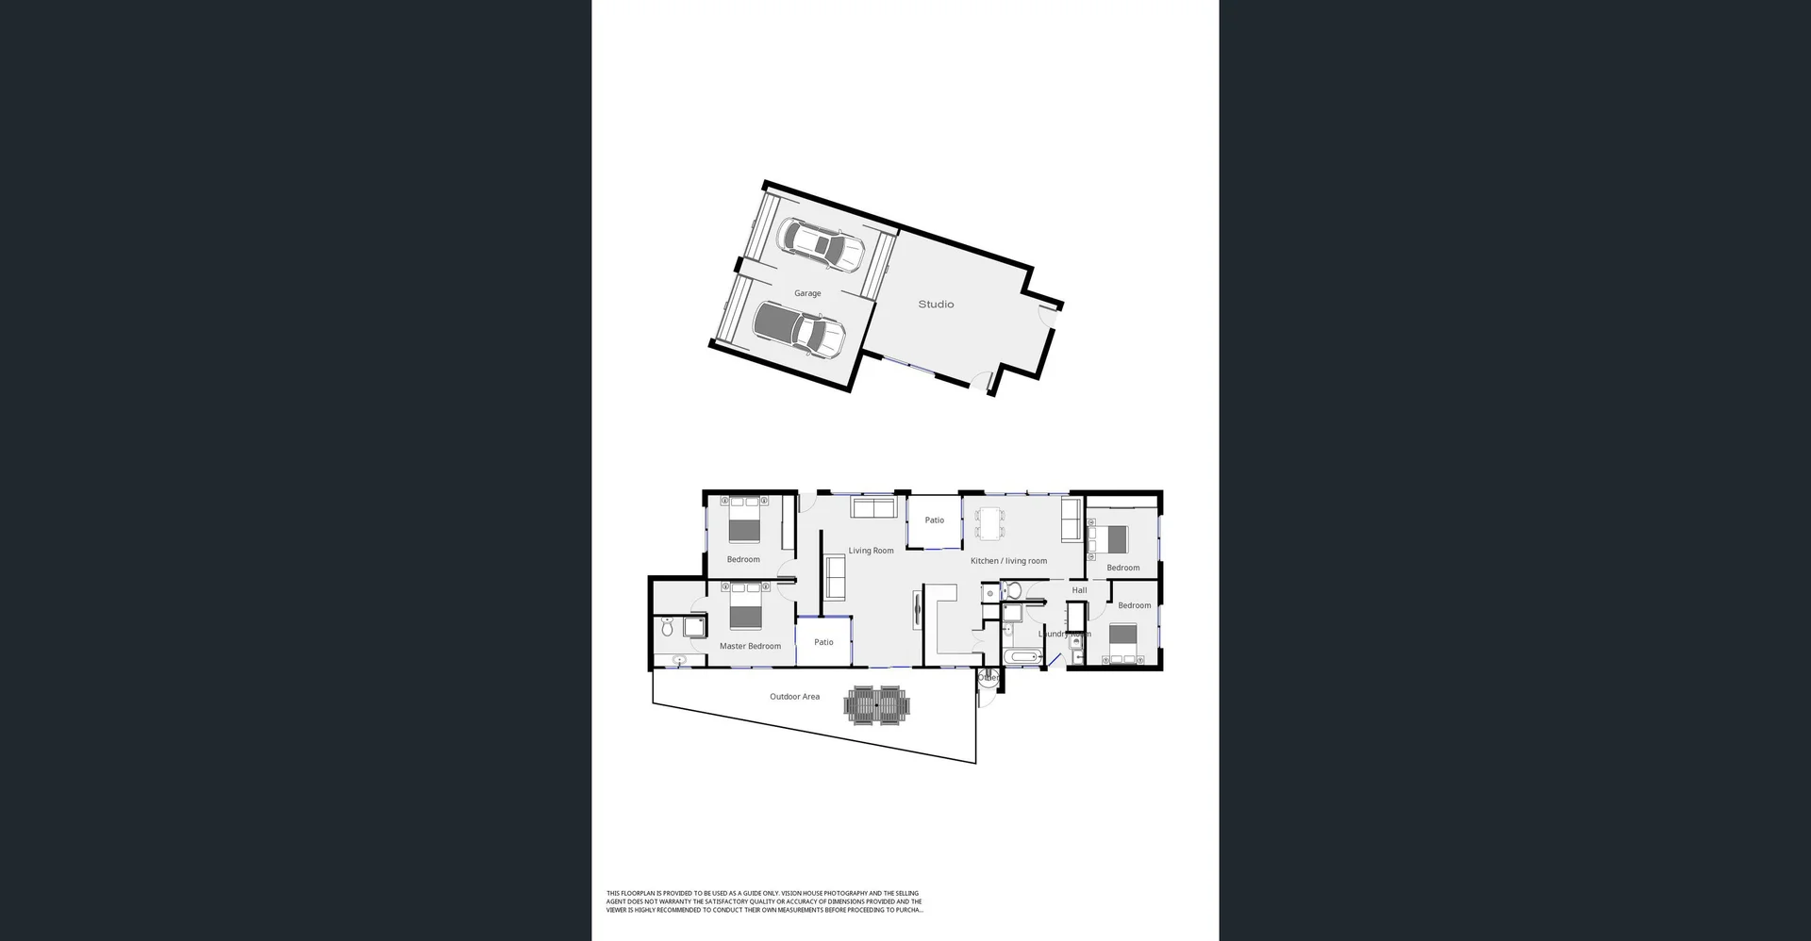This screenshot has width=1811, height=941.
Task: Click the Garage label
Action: pyautogui.click(x=807, y=293)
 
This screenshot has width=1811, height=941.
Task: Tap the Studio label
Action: pyautogui.click(x=936, y=305)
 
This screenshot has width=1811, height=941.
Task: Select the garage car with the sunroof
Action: pyautogui.click(x=821, y=245)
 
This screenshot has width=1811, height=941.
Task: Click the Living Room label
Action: pyautogui.click(x=871, y=551)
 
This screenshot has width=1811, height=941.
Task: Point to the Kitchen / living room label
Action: pyautogui.click(x=1008, y=561)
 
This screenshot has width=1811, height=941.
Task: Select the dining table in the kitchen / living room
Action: pyautogui.click(x=989, y=523)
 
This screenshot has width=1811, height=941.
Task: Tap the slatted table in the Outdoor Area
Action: pyautogui.click(x=877, y=705)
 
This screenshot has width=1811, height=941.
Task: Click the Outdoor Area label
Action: pyautogui.click(x=794, y=697)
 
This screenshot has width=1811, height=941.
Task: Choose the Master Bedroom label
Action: pyautogui.click(x=750, y=647)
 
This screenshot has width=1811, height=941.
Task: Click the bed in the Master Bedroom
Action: pyautogui.click(x=744, y=606)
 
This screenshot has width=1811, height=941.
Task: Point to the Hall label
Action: pyautogui.click(x=1079, y=590)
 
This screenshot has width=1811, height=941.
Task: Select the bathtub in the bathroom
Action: pyautogui.click(x=1022, y=656)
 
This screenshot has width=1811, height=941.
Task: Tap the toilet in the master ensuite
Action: pyautogui.click(x=667, y=626)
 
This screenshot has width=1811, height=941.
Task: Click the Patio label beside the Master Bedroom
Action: pyautogui.click(x=823, y=642)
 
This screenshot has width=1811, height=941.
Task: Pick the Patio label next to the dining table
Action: pyautogui.click(x=934, y=520)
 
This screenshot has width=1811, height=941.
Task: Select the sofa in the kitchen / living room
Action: pyautogui.click(x=1071, y=520)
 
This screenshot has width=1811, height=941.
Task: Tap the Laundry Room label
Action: pyautogui.click(x=1064, y=634)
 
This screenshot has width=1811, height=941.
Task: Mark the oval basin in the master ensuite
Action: pyautogui.click(x=678, y=660)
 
